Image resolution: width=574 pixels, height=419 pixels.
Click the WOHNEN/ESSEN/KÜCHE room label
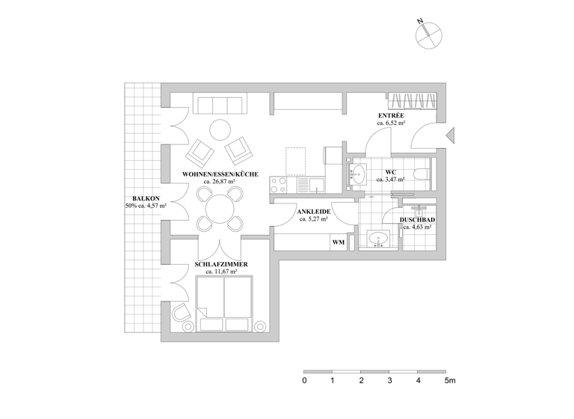(x=220, y=174)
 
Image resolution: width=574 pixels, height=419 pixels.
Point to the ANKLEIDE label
(x=314, y=212)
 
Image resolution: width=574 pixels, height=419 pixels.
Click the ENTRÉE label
(x=391, y=115)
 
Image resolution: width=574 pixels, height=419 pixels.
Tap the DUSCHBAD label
(x=417, y=219)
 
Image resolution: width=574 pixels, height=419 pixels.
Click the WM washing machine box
(x=338, y=242)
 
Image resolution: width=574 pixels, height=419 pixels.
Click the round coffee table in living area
(x=220, y=131)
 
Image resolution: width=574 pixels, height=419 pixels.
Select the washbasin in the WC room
(x=357, y=174)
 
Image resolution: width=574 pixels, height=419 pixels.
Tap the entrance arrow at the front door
(x=450, y=135)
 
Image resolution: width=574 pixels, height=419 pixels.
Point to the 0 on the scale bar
(x=304, y=381)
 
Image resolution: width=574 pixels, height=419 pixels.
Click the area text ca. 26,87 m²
(x=220, y=182)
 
